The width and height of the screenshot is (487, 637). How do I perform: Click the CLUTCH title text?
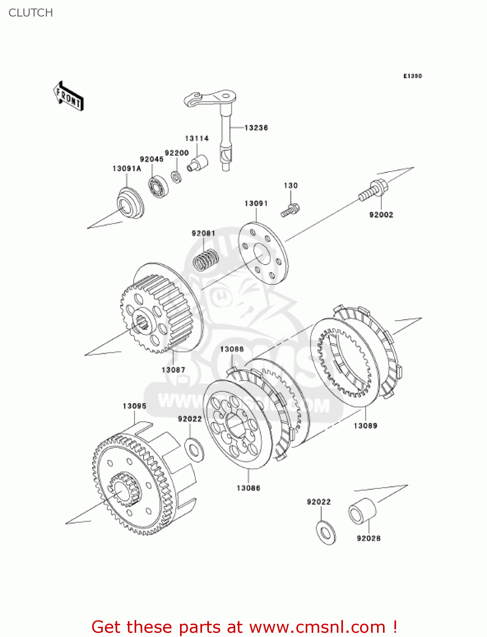click(31, 13)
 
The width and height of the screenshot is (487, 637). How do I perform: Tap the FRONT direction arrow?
click(68, 96)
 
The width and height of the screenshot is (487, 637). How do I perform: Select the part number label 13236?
click(256, 127)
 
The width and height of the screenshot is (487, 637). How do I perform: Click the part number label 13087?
click(173, 370)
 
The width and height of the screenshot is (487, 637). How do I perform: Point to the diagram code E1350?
click(412, 76)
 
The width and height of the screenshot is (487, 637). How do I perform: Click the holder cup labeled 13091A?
click(130, 203)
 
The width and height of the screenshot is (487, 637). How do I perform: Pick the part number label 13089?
click(365, 426)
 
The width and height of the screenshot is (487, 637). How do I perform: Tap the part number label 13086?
click(248, 488)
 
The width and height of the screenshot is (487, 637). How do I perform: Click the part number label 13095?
click(134, 406)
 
